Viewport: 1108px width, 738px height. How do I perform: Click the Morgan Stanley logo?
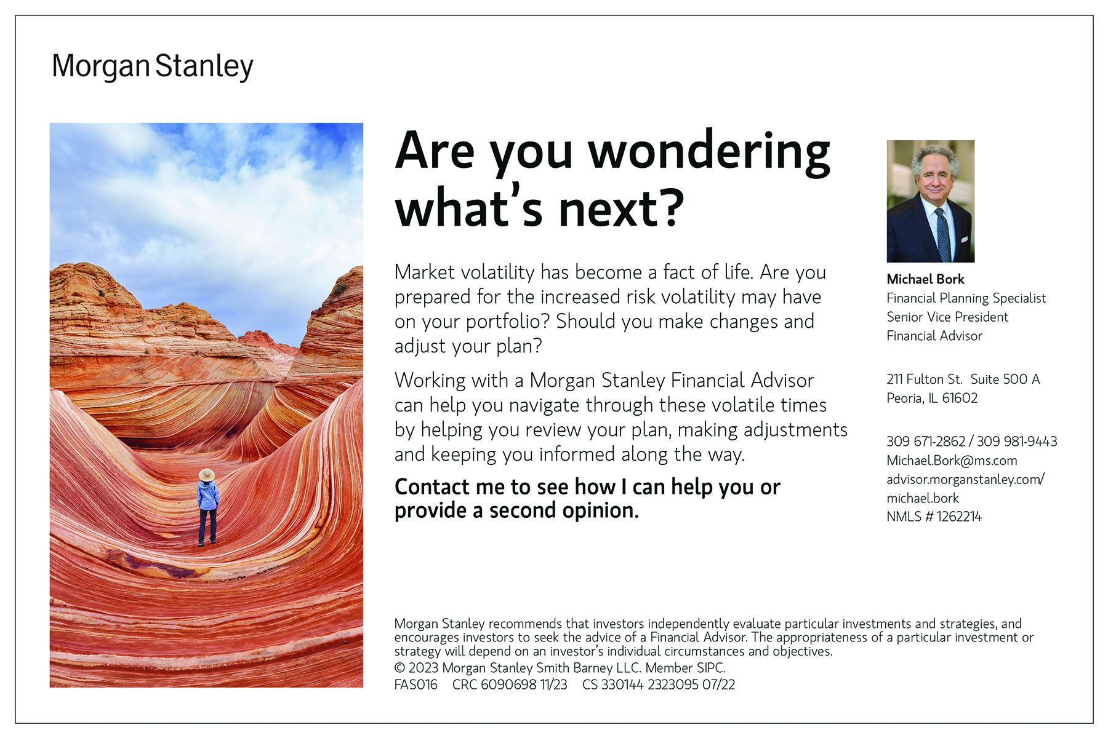tap(153, 66)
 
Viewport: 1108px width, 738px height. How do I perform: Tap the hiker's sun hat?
tap(206, 475)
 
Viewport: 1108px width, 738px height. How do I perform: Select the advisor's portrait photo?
tap(930, 201)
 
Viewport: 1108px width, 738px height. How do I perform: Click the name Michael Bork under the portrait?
tap(925, 279)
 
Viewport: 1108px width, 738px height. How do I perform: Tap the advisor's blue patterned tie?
tap(942, 234)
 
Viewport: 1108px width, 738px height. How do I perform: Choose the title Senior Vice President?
tap(947, 317)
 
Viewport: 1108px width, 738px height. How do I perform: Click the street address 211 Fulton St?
tap(925, 379)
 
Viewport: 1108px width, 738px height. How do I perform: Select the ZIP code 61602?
tap(960, 398)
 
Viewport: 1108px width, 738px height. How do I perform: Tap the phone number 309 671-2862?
tap(926, 442)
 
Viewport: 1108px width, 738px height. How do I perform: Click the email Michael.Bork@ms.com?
tap(952, 461)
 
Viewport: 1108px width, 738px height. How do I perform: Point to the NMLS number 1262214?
tap(959, 517)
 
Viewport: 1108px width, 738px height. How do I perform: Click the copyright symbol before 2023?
tap(400, 668)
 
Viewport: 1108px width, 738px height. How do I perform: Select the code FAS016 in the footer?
tap(416, 684)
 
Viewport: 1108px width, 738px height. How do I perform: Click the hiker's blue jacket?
tap(207, 495)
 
